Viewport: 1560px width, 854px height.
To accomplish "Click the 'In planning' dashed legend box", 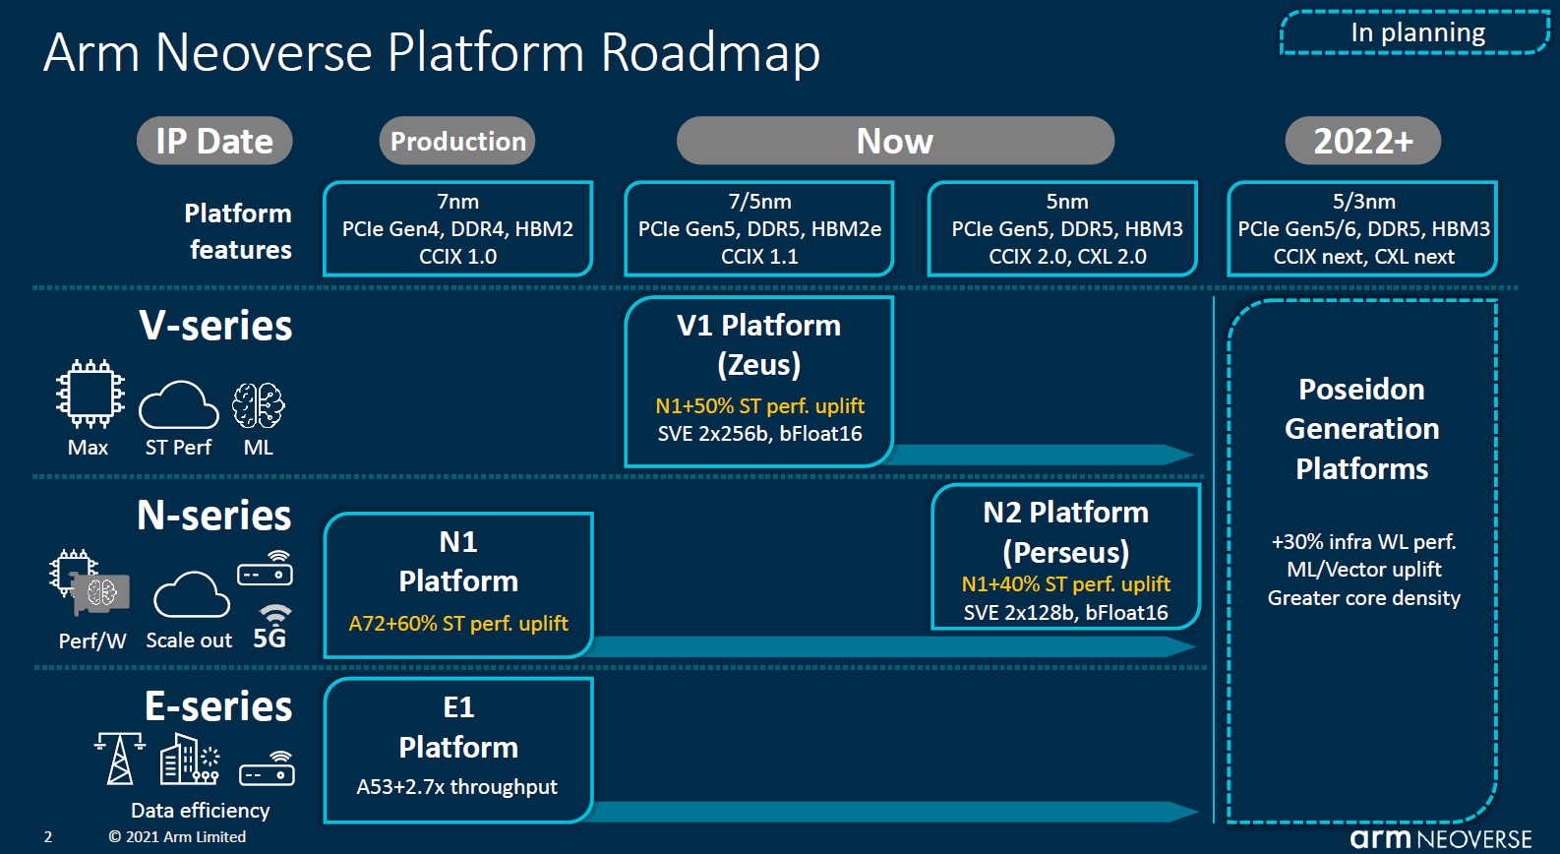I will point(1414,32).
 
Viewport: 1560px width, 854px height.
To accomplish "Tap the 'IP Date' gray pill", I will point(214,141).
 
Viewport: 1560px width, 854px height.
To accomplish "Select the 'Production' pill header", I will point(457,141).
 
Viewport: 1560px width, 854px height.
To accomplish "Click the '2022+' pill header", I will point(1362,141).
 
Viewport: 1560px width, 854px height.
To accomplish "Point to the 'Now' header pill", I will point(895,141).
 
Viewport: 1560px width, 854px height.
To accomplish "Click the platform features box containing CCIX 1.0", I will point(457,229).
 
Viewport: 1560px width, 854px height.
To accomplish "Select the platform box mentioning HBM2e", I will point(759,229).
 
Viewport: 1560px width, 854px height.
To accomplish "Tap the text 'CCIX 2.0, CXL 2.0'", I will point(1067,257).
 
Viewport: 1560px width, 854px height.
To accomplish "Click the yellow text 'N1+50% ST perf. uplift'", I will point(759,405).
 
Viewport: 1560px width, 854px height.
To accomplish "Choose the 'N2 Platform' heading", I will point(1065,513).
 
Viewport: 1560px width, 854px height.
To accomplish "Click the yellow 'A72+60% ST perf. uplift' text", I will point(457,623).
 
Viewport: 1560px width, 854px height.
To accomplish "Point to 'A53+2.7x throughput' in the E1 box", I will point(456,786).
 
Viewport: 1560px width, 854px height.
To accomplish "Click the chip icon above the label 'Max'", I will point(90,395).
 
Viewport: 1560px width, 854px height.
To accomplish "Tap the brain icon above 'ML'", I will point(258,404).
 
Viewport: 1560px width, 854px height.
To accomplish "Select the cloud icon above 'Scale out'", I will point(192,594).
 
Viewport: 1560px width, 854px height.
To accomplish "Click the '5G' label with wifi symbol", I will point(270,630).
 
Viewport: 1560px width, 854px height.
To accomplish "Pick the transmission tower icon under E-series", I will point(119,759).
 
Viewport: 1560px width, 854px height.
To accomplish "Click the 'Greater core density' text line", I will point(1363,598).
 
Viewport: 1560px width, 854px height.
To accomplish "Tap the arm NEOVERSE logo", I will point(1440,838).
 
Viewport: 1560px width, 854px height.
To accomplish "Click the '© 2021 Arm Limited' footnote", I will point(177,837).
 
